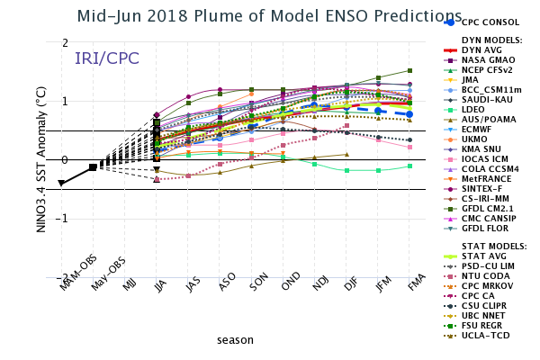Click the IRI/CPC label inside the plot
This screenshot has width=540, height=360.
(106, 58)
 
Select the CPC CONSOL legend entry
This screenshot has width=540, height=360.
(491, 22)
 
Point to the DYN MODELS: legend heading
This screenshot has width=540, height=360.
(491, 40)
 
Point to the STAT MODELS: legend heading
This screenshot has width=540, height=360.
(492, 246)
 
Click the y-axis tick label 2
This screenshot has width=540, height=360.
(66, 43)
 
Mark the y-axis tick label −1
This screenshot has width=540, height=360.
(63, 219)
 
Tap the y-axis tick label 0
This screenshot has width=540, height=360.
(66, 160)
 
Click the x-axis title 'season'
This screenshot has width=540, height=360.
(235, 340)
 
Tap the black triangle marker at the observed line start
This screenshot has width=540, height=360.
(61, 184)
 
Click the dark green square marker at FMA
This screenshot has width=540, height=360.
(409, 70)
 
